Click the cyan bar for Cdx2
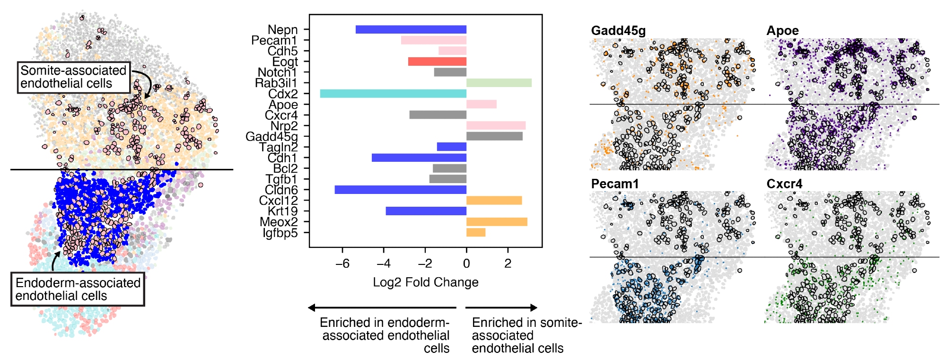pyautogui.click(x=393, y=94)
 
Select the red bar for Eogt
pyautogui.click(x=437, y=61)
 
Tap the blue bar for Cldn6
pyautogui.click(x=400, y=190)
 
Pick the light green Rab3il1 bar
pyautogui.click(x=499, y=83)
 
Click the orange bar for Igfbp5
pyautogui.click(x=476, y=232)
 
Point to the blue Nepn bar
pyautogui.click(x=411, y=29)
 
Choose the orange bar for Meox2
pyautogui.click(x=497, y=222)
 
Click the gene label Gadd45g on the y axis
pyautogui.click(x=272, y=137)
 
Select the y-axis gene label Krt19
pyautogui.click(x=282, y=211)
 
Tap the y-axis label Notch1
pyautogui.click(x=277, y=72)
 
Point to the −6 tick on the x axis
pyautogui.click(x=342, y=263)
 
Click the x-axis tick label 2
pyautogui.click(x=508, y=263)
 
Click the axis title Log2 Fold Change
pyautogui.click(x=426, y=282)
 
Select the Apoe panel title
pyautogui.click(x=782, y=31)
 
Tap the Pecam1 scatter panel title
pyautogui.click(x=614, y=184)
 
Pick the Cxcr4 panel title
pyautogui.click(x=784, y=184)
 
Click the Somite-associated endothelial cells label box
pyautogui.click(x=74, y=77)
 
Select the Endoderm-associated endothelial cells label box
pyautogui.click(x=78, y=289)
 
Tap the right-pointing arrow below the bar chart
pyautogui.click(x=501, y=308)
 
